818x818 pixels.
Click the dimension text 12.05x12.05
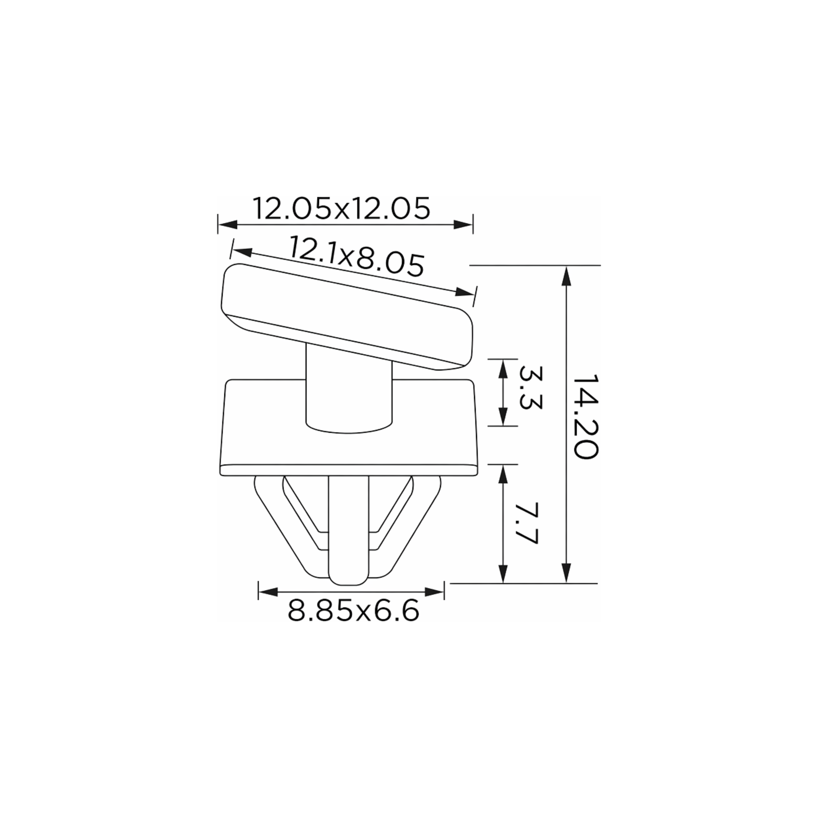(x=342, y=208)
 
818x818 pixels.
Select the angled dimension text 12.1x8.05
(x=357, y=257)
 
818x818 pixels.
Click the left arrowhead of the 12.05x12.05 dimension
(x=227, y=224)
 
